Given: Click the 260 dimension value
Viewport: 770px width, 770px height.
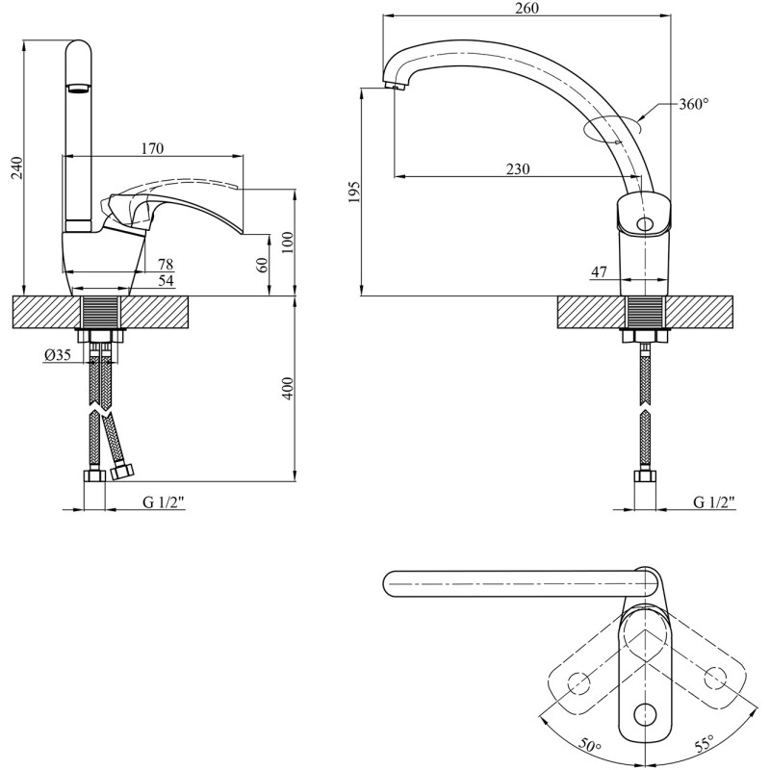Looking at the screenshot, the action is coord(526,9).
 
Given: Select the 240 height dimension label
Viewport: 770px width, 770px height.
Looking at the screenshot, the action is coord(16,167).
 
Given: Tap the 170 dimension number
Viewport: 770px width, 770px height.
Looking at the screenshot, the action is coord(152,148).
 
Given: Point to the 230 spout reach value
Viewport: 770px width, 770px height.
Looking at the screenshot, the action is coord(518,169).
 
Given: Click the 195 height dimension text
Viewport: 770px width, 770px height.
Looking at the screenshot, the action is coord(354,192).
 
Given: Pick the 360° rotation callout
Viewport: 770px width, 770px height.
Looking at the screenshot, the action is coord(694,104).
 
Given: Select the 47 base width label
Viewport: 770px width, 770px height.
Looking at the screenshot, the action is coord(599,271).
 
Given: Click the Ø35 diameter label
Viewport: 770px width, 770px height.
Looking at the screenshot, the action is coord(58,354).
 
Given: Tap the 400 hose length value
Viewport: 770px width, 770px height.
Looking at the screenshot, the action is coord(288,388).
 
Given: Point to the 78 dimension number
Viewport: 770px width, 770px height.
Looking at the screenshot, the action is coord(166,264).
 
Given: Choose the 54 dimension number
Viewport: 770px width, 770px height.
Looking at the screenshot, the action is coord(166,281).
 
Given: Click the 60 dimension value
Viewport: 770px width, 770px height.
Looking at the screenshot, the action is coord(263,266).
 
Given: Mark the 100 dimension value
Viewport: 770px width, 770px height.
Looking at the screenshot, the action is coord(288,243).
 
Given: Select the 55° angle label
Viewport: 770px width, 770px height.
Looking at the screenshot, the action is coord(704,745).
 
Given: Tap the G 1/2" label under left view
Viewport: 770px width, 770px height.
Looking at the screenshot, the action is coord(164,501).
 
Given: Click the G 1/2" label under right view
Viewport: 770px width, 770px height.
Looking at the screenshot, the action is coord(714,501).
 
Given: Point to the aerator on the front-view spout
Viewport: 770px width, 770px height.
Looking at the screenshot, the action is coord(78,88).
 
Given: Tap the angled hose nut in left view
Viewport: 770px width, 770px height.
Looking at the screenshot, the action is coord(122,473).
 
